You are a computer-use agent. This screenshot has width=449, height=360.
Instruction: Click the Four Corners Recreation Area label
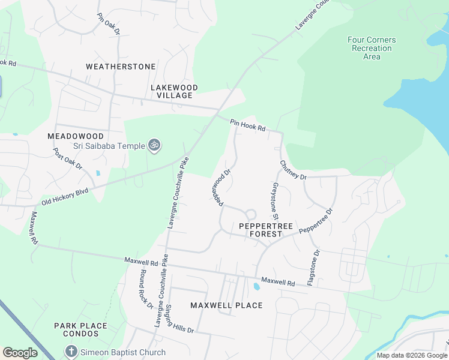point(372,49)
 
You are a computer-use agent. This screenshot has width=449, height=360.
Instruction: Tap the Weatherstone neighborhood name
point(121,67)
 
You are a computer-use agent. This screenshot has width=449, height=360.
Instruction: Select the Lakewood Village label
point(174,91)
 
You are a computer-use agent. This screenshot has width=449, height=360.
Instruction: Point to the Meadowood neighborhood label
point(76,136)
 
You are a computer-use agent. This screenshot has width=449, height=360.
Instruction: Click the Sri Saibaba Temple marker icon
point(155,146)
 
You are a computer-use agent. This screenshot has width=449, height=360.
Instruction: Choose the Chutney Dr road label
point(293,170)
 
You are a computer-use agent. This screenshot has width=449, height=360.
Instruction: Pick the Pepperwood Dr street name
point(220,188)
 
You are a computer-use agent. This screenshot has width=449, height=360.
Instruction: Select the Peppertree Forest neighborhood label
point(265,230)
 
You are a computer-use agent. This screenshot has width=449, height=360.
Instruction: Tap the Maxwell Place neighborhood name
point(226,305)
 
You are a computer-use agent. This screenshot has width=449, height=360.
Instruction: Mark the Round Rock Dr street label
point(146,289)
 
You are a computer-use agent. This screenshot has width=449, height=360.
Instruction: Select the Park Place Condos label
point(80,330)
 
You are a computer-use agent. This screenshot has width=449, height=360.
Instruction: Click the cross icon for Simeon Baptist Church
point(70,352)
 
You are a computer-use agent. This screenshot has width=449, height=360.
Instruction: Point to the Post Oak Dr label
point(67,158)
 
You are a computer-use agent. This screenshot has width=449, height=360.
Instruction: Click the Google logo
point(20,353)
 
